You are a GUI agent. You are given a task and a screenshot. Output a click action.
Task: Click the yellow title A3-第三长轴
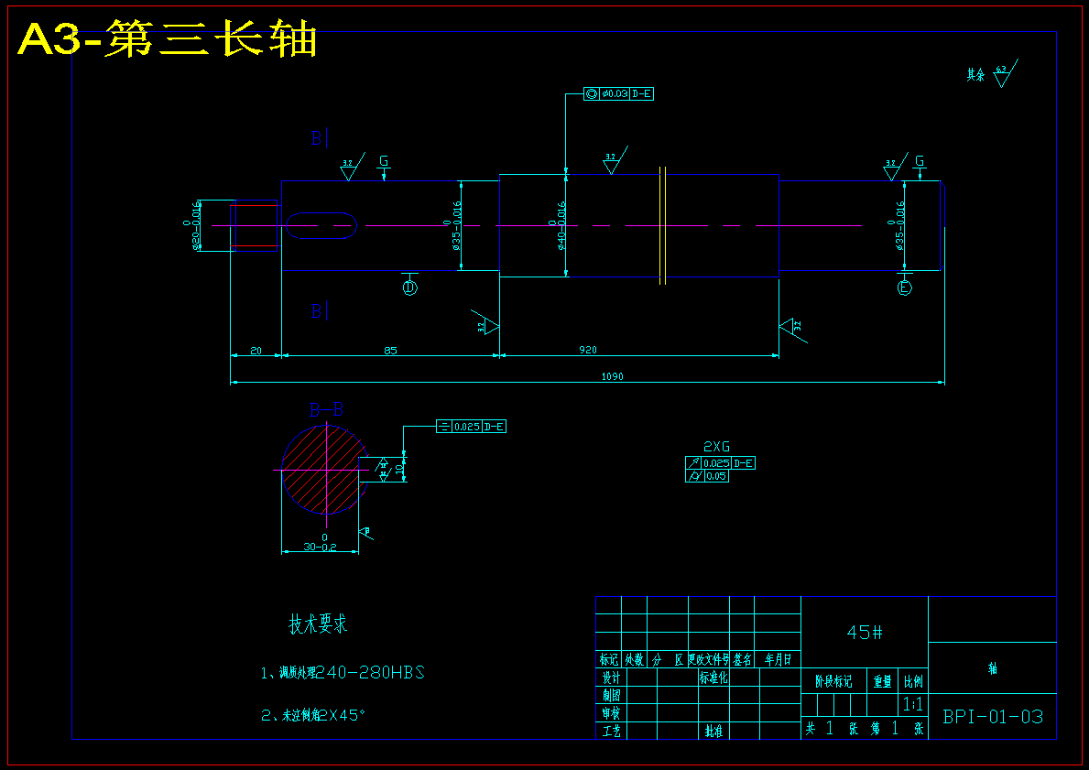[x=168, y=40]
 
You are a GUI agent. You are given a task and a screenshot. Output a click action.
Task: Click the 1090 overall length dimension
[x=612, y=376]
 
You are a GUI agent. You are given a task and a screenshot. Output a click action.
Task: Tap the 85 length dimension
[x=390, y=350]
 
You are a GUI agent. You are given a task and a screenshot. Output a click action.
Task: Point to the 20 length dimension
[x=256, y=350]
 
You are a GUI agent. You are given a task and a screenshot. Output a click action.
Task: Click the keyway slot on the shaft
[x=321, y=225]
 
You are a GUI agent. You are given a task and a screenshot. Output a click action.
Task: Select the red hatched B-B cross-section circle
[x=324, y=469]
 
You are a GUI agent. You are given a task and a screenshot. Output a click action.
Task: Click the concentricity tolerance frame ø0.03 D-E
[x=619, y=93]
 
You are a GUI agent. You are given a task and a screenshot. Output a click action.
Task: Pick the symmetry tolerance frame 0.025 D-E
[x=471, y=427]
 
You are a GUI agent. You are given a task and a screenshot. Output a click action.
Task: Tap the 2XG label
[x=716, y=447]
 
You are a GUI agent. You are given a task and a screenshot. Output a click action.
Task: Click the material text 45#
[x=865, y=632]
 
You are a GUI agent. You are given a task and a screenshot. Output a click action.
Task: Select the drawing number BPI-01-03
[x=993, y=716]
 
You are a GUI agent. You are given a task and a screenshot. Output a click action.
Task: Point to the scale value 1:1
[x=912, y=704]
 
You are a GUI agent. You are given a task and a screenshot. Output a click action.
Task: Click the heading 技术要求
[x=318, y=625]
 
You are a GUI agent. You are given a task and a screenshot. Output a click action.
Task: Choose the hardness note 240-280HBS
[x=369, y=673]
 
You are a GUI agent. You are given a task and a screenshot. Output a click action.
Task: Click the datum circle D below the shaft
[x=409, y=287]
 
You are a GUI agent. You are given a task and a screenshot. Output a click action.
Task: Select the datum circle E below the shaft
[x=905, y=288]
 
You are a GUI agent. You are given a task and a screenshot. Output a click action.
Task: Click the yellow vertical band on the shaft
[x=661, y=225]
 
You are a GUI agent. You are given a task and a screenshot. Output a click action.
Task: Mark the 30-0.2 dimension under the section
[x=321, y=547]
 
